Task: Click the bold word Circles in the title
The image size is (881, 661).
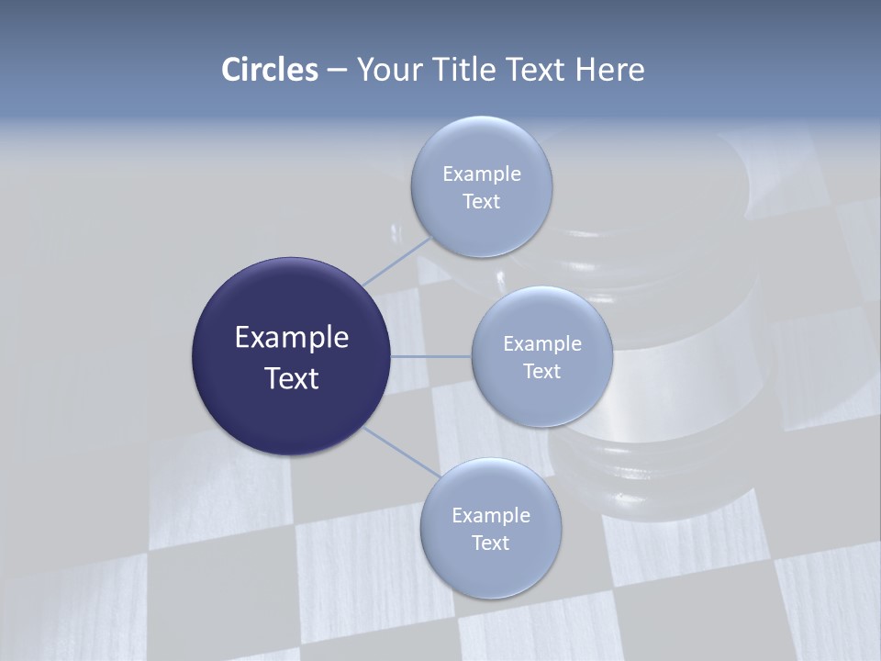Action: coord(270,70)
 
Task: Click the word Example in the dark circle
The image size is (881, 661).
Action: coord(292,338)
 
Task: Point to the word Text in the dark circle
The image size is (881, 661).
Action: coord(292,378)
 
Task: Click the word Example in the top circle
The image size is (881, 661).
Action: coord(482,174)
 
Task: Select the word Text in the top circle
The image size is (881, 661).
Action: coord(481,202)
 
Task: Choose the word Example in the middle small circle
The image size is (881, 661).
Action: coord(542,343)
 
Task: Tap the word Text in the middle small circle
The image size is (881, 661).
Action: coord(541,371)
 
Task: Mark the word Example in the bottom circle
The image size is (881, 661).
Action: coord(491,515)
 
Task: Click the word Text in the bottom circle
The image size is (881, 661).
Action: coord(490,543)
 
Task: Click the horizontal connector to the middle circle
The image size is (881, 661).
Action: coord(430,356)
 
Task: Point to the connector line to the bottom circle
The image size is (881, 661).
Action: coord(400,452)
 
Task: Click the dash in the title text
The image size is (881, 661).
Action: coord(337,70)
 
